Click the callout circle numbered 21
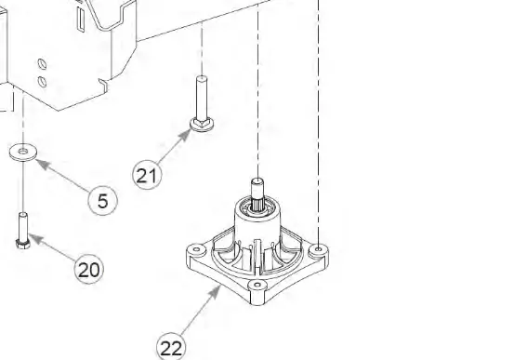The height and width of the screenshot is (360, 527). pyautogui.click(x=147, y=175)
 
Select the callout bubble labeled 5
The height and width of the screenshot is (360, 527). pyautogui.click(x=103, y=201)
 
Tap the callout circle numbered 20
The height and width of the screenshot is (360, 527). pyautogui.click(x=89, y=269)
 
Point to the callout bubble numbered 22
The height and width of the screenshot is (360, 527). pyautogui.click(x=171, y=347)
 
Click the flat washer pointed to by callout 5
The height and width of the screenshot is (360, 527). pyautogui.click(x=23, y=152)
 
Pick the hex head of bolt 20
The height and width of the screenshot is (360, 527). pyautogui.click(x=23, y=243)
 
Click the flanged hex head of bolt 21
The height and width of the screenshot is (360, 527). pyautogui.click(x=201, y=124)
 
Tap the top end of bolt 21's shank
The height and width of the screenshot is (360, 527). pyautogui.click(x=202, y=78)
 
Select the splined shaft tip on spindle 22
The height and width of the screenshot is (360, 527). pyautogui.click(x=257, y=182)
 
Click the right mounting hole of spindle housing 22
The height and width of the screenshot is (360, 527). pyautogui.click(x=319, y=249)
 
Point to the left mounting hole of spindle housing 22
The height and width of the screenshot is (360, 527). pyautogui.click(x=196, y=249)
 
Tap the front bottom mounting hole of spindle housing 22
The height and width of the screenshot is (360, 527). pyautogui.click(x=257, y=285)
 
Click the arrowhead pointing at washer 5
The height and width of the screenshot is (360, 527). pyautogui.click(x=42, y=164)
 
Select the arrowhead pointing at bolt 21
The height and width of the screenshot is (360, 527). pyautogui.click(x=185, y=136)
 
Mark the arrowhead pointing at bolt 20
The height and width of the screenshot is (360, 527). pyautogui.click(x=35, y=238)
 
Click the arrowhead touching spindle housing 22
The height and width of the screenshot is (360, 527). pyautogui.click(x=215, y=292)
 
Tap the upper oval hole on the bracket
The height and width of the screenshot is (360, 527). pyautogui.click(x=42, y=63)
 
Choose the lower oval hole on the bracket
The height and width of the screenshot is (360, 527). pyautogui.click(x=43, y=81)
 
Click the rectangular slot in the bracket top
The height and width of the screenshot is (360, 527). pyautogui.click(x=81, y=20)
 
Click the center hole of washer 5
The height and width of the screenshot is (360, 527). pyautogui.click(x=23, y=152)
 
